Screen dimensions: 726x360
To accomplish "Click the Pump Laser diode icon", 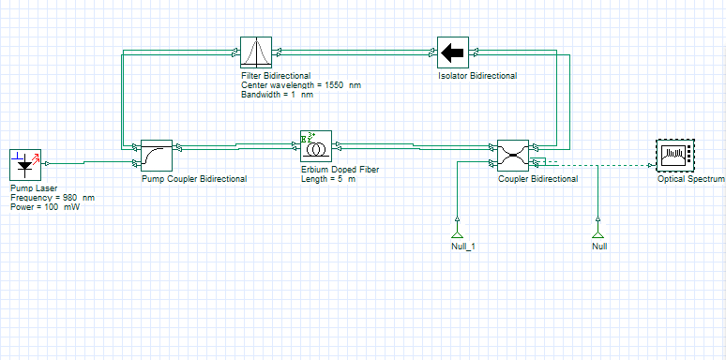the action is [x=25, y=164].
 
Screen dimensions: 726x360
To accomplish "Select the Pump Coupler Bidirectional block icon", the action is [x=157, y=156].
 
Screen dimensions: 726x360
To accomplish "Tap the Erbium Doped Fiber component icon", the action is [x=316, y=146].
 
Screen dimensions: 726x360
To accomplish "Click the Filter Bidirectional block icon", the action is [x=256, y=52].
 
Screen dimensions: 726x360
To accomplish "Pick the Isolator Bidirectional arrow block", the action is [x=453, y=52].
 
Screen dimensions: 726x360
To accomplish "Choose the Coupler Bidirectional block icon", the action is [x=512, y=156].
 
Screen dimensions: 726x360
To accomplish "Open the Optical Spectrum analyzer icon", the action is [x=676, y=156].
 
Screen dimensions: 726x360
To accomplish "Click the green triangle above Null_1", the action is [x=457, y=233].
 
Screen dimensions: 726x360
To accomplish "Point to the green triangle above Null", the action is [x=598, y=233].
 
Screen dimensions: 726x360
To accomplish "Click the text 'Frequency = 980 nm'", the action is [x=53, y=198].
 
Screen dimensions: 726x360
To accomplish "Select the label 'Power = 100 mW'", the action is [x=45, y=207].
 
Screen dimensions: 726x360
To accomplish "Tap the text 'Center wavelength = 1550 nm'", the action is [x=301, y=85].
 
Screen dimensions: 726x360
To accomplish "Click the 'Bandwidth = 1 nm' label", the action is [x=277, y=95].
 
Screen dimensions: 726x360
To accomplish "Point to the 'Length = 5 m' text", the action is [x=328, y=179].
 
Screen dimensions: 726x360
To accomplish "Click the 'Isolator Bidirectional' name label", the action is [x=477, y=76].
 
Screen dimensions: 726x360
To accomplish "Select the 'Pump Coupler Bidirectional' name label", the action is [x=194, y=179].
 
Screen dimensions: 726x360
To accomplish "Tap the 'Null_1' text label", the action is [x=463, y=247].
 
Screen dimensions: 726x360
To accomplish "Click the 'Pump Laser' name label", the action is [x=34, y=188].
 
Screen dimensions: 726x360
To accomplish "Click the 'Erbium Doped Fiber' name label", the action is [x=340, y=170].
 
